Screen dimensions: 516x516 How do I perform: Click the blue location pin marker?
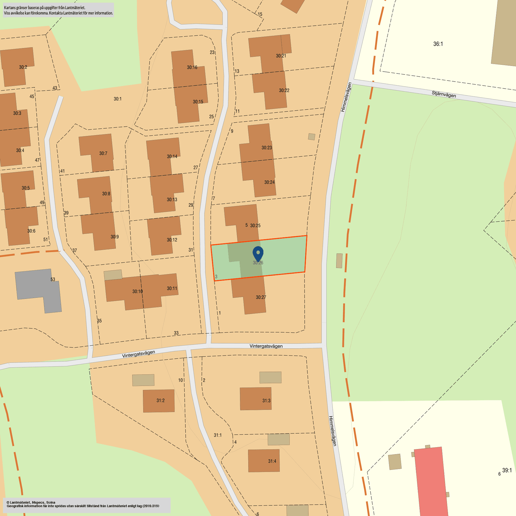pos(258,252)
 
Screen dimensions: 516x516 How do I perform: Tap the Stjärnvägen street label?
pos(444,94)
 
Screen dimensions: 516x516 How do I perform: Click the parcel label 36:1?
pos(438,44)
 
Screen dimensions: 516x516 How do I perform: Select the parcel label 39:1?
pos(507,470)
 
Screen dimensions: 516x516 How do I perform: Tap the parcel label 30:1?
pos(118,99)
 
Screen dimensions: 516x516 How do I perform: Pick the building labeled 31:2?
pos(159,401)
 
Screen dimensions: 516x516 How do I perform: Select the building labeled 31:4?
pos(264,461)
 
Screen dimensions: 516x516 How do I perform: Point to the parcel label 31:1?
pos(218,435)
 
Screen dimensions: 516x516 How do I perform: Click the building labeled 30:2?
pos(18,66)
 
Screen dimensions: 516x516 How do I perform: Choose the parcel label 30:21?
pos(281,56)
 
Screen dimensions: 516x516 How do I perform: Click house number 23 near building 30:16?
pos(212,52)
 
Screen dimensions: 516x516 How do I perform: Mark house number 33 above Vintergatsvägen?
pos(176,333)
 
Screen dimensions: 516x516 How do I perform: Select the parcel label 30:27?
pos(261,297)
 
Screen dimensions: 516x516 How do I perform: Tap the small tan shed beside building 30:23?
pos(311,137)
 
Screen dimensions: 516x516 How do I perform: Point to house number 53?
pos(53,279)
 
